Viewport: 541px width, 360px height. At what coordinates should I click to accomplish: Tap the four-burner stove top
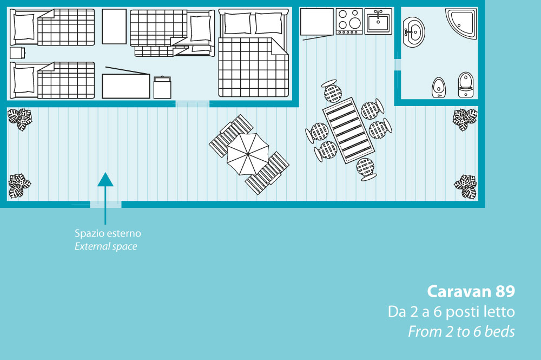pyautogui.click(x=349, y=21)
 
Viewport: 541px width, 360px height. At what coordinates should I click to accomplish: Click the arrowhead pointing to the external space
pyautogui.click(x=105, y=179)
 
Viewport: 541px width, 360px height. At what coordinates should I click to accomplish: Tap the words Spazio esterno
pyautogui.click(x=108, y=234)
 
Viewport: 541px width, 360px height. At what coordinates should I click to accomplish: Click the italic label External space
pyautogui.click(x=105, y=247)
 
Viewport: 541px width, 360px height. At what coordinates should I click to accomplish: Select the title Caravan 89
pyautogui.click(x=471, y=292)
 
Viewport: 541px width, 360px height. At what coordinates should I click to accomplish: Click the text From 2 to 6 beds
pyautogui.click(x=461, y=331)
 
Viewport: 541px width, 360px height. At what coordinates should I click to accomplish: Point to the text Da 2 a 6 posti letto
pyautogui.click(x=451, y=312)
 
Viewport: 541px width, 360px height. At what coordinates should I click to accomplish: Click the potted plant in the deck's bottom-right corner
pyautogui.click(x=465, y=186)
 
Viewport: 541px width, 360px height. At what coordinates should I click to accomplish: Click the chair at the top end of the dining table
pyautogui.click(x=333, y=91)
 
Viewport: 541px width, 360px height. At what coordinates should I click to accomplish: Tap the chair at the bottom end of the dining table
pyautogui.click(x=367, y=169)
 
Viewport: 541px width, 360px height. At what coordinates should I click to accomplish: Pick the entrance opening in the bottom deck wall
pyautogui.click(x=105, y=205)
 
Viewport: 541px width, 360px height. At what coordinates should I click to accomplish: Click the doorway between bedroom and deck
pyautogui.click(x=192, y=103)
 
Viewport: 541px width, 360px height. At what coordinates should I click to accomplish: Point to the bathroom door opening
pyautogui.click(x=397, y=64)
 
